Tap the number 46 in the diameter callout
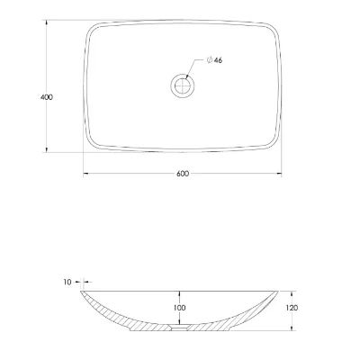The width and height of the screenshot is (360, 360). (219, 59)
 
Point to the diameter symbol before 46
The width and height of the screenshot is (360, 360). (208, 59)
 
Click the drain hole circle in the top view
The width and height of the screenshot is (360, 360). (182, 86)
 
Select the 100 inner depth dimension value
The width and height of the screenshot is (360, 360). (181, 309)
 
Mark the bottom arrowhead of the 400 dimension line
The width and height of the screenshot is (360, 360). (47, 149)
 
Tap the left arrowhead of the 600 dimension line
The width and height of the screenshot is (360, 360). (86, 174)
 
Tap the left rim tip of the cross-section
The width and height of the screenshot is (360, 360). (84, 292)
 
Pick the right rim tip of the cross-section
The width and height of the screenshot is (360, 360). (280, 292)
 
